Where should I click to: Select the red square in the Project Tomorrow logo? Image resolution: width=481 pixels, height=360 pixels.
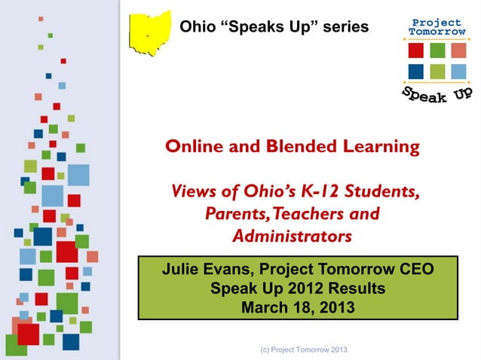[415, 50]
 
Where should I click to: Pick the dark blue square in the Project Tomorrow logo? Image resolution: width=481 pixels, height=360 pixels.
[415, 72]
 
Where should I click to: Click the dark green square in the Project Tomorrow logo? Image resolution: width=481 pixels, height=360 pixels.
[437, 50]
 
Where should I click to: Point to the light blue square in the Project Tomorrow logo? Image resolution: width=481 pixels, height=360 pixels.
[459, 72]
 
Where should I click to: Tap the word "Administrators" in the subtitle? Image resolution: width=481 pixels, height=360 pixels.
[292, 236]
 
